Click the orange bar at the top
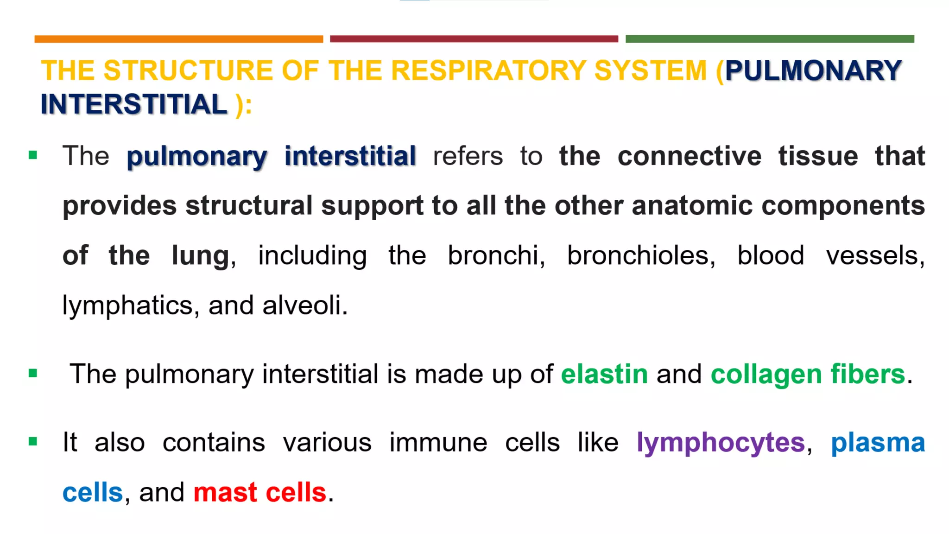coord(178,39)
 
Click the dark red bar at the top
coord(474,39)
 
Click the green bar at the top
coord(770,39)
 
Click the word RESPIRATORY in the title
coord(488,70)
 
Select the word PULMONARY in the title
coord(813,70)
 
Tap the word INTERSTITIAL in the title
coord(134,104)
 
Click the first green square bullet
coord(33,155)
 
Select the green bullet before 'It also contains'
coord(33,441)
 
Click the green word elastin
coord(604,374)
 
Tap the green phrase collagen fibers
coord(808,374)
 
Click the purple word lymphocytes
coord(721,443)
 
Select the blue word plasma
coord(878,443)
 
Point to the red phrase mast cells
coord(259,492)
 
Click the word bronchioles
coord(641,255)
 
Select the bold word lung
coord(200,255)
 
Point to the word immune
coord(438,443)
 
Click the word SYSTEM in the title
coord(650,70)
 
